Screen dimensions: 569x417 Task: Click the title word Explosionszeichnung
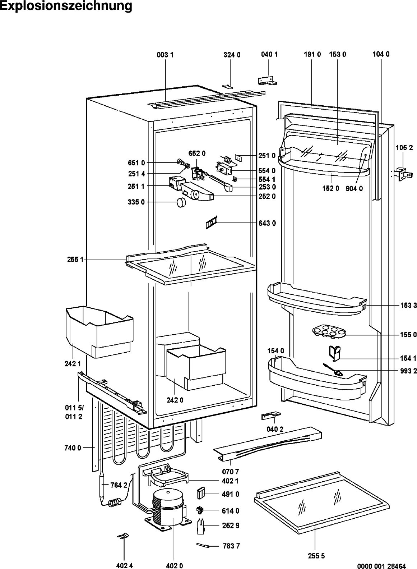(66, 6)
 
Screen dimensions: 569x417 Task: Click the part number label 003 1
(165, 55)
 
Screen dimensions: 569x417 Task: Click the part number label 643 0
(267, 223)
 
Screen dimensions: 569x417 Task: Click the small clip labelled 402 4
(122, 536)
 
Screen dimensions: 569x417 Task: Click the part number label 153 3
(408, 306)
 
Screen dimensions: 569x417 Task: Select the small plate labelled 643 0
(210, 224)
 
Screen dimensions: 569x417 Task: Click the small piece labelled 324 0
(228, 86)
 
